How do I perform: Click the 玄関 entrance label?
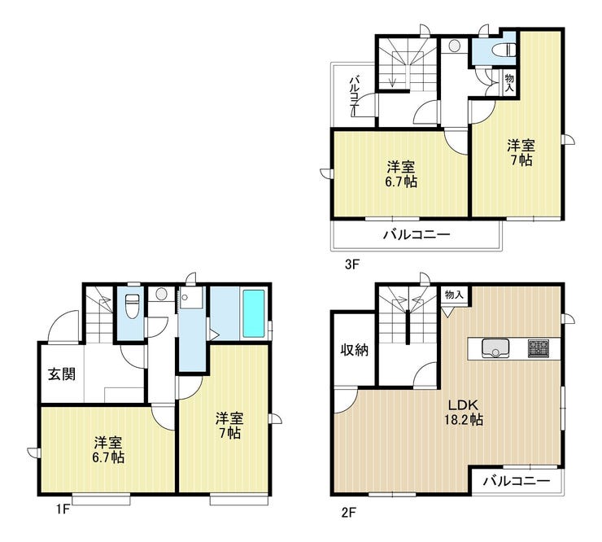click(62, 374)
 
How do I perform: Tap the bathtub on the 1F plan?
click(254, 314)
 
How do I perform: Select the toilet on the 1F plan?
click(133, 305)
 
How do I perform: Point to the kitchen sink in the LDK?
click(495, 347)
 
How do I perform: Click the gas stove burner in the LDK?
click(539, 348)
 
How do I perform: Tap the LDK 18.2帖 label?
click(464, 412)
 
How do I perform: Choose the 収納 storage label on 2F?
click(355, 350)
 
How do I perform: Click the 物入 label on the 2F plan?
click(454, 295)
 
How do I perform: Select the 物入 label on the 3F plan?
click(509, 83)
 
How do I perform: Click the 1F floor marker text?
click(63, 509)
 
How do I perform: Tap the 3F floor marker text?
click(351, 264)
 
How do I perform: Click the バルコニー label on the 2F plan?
click(517, 480)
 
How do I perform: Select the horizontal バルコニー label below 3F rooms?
click(417, 234)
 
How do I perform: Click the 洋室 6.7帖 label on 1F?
click(109, 450)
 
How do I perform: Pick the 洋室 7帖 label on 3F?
click(521, 152)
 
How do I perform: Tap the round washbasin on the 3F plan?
click(454, 46)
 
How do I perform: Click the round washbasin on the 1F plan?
click(161, 295)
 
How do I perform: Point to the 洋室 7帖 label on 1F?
click(229, 426)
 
